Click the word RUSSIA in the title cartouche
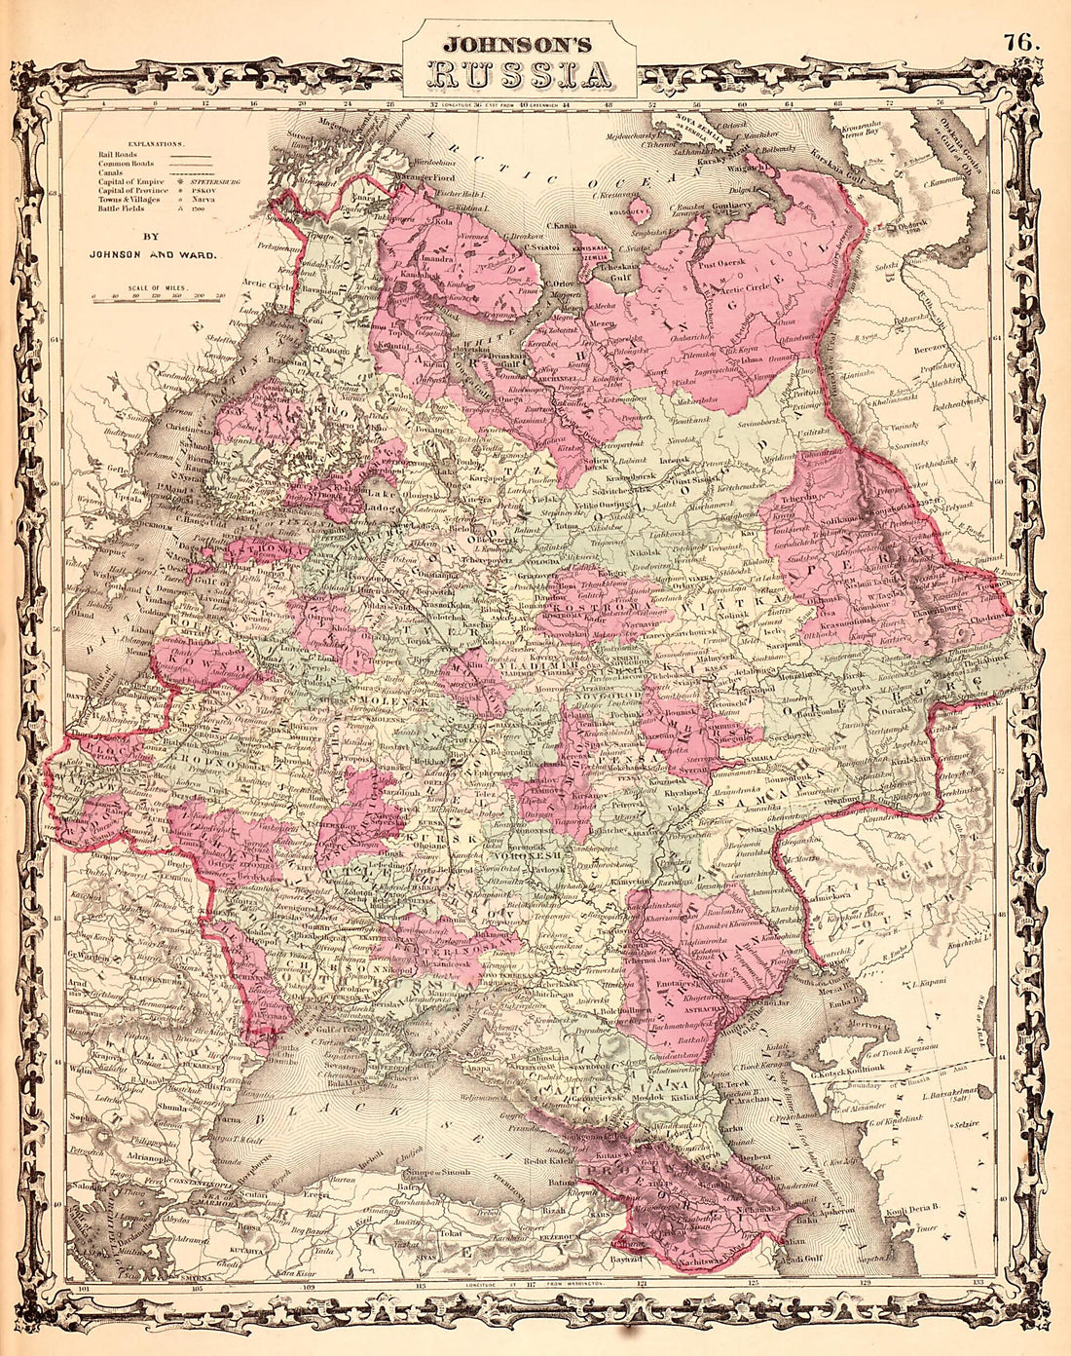point(521,74)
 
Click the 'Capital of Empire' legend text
point(127,181)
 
